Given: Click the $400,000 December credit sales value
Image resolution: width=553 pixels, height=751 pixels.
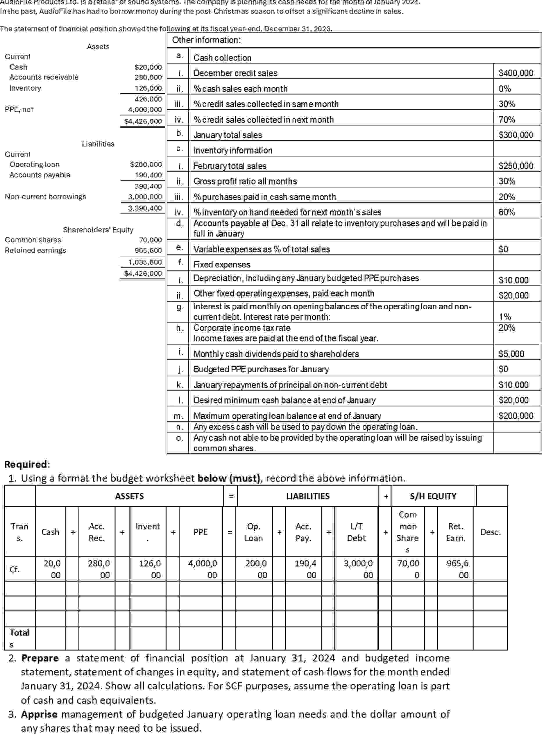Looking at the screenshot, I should pos(516,73).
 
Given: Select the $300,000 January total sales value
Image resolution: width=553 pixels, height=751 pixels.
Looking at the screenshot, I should pos(516,135).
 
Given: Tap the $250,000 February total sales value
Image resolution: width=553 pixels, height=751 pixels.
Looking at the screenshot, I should pos(516,166).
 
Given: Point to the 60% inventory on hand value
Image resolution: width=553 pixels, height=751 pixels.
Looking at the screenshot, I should pos(507,212).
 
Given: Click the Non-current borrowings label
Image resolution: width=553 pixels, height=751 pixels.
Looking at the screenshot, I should pos(45,197).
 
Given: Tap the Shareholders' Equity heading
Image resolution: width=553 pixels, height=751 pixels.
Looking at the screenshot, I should pos(98,230).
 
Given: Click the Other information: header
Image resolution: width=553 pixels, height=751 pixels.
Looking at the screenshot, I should pos(206,40).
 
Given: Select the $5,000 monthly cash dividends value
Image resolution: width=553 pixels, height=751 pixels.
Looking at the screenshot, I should pos(511,354).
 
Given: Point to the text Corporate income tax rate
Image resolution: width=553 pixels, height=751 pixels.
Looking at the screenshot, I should pos(242,328).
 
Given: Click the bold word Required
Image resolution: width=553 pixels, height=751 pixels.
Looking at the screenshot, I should pos(26,464).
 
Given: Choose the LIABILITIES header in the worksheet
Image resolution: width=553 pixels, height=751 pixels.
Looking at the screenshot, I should pos(308,496).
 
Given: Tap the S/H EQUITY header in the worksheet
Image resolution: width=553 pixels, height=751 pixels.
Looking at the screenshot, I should pos(432,496).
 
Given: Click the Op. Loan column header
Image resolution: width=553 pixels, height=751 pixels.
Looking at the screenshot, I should pos(253,532).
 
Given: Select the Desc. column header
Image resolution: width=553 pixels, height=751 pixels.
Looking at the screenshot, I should pos(491,532).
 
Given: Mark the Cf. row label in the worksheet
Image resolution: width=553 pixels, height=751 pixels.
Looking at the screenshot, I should pos(15,569).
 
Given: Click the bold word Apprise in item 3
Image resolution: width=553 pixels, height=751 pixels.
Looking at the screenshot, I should pos(39,714).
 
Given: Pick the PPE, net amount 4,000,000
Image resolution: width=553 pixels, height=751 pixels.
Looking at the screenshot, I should pos(145,110).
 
